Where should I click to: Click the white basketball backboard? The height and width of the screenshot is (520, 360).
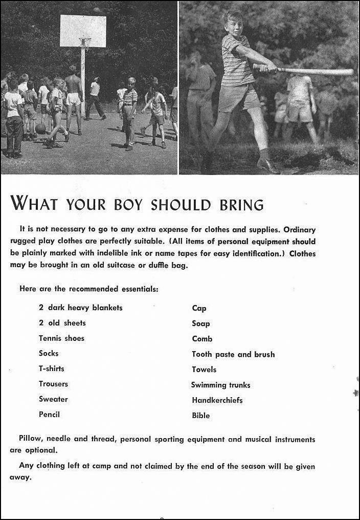coord(83,31)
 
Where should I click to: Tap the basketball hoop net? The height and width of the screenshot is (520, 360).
coord(85,43)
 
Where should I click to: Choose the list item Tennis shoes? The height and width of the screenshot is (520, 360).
coord(61,338)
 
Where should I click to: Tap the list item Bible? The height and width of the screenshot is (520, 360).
coord(201,416)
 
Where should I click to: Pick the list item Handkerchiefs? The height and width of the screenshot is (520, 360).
coord(217,400)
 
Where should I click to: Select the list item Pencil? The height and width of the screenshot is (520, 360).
coord(49,415)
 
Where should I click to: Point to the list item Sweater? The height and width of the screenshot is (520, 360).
coord(53,399)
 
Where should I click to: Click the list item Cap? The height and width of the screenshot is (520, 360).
coord(199,308)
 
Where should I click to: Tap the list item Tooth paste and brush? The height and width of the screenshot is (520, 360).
coord(233,354)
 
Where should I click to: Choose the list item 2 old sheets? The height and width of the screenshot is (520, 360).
coord(62,323)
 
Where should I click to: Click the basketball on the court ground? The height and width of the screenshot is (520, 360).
coord(40,128)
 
